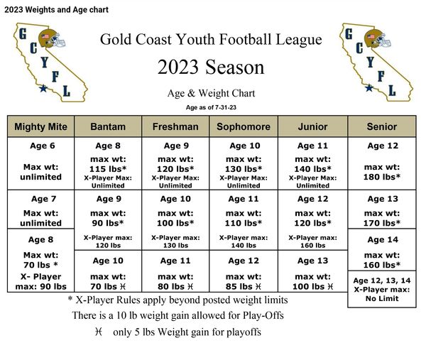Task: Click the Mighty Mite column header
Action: [40, 126]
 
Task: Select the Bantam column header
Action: [109, 126]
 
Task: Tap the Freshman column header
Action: [175, 126]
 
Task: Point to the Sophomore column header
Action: [243, 126]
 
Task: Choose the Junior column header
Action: [312, 126]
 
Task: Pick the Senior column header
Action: [382, 126]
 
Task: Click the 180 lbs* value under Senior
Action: [382, 177]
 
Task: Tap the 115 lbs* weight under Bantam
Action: [109, 169]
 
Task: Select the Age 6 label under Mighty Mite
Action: [40, 146]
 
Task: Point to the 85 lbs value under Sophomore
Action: [243, 286]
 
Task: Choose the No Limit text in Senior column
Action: [382, 299]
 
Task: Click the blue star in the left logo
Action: [43, 89]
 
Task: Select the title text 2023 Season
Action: [211, 67]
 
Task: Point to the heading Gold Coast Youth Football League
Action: [211, 40]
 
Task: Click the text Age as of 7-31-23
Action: [211, 107]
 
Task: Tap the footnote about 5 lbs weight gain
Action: [177, 332]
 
